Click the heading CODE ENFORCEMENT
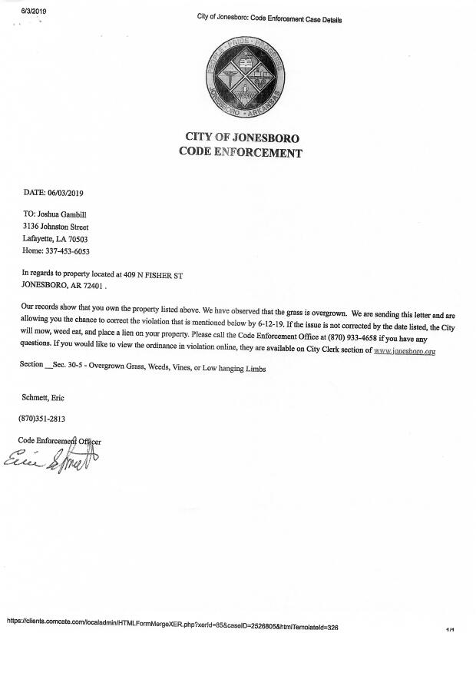pyautogui.click(x=240, y=152)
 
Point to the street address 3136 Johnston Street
pyautogui.click(x=56, y=227)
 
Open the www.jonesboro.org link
pyautogui.click(x=405, y=351)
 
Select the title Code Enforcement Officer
pyautogui.click(x=60, y=441)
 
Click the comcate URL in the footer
pyautogui.click(x=173, y=627)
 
